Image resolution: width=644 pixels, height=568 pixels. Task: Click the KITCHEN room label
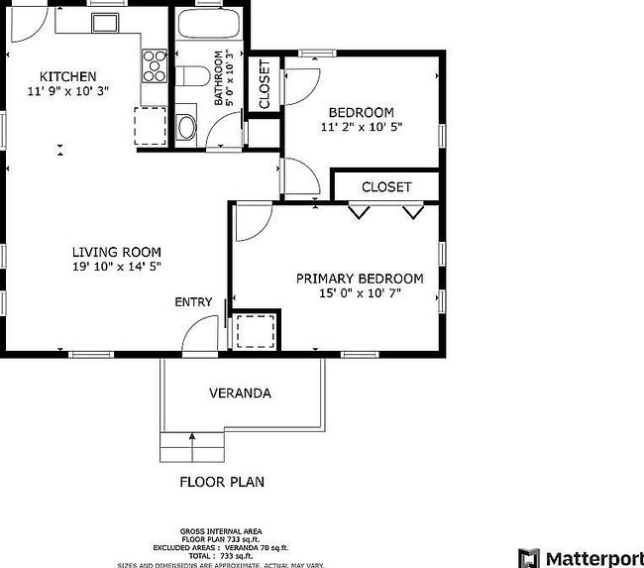click(67, 76)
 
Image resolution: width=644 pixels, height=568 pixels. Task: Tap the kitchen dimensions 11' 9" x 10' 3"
click(67, 91)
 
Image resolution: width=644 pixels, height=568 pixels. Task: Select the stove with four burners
click(155, 65)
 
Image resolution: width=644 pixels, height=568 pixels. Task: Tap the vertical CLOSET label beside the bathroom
click(264, 84)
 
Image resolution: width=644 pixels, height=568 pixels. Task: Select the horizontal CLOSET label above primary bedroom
click(385, 186)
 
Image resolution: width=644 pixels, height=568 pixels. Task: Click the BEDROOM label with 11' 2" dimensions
click(361, 112)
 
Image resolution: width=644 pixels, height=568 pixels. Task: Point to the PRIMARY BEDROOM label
click(359, 279)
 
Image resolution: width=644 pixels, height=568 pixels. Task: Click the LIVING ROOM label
click(116, 252)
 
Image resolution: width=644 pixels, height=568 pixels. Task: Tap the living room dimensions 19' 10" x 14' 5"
click(116, 267)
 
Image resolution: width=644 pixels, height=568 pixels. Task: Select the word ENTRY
click(193, 302)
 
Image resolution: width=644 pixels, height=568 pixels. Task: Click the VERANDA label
click(240, 393)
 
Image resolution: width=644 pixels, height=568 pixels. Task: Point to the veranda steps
click(192, 448)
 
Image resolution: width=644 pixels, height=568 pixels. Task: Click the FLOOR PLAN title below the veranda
click(221, 483)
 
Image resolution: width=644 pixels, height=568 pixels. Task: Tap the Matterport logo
click(581, 556)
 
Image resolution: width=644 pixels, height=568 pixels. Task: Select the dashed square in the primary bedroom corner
click(255, 330)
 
